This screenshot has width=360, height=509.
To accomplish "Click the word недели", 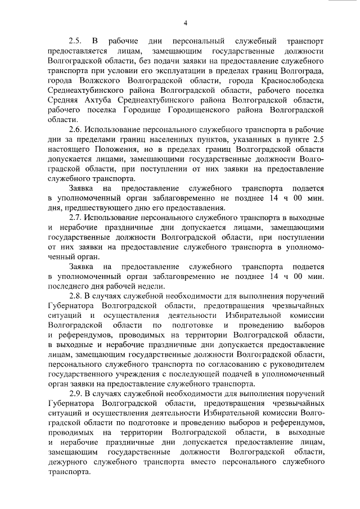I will (151, 285).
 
